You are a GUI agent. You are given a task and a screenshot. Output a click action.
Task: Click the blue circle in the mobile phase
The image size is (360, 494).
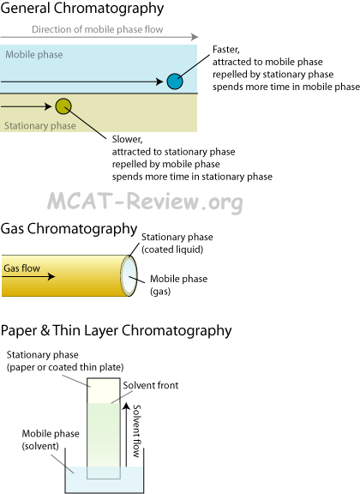click(x=175, y=81)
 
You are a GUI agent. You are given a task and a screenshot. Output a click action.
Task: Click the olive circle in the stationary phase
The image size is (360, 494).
click(x=63, y=106)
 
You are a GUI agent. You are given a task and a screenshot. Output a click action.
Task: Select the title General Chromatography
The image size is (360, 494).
click(x=82, y=9)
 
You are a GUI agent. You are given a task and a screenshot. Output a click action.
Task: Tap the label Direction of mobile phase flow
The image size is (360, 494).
click(x=98, y=29)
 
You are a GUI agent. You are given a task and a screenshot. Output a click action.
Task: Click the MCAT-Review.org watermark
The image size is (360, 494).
click(x=145, y=202)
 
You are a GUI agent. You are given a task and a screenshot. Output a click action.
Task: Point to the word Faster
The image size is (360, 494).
click(x=225, y=50)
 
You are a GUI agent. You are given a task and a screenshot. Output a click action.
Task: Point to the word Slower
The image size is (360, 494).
click(x=127, y=139)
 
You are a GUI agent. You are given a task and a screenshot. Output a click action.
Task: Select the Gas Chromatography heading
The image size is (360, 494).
click(x=69, y=229)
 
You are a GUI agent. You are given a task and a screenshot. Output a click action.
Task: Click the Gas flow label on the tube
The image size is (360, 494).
click(x=21, y=268)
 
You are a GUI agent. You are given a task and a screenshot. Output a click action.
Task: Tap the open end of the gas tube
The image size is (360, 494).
click(x=129, y=275)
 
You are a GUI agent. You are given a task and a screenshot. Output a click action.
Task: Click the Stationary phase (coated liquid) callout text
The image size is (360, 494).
click(x=177, y=244)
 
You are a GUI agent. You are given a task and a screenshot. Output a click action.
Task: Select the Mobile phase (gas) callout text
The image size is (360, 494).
click(x=178, y=285)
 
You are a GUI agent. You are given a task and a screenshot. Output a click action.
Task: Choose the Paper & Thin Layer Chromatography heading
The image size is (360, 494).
click(x=116, y=331)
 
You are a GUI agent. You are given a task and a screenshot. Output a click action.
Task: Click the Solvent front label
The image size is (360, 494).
click(x=151, y=385)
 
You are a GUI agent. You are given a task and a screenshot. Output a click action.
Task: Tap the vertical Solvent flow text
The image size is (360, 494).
click(x=136, y=431)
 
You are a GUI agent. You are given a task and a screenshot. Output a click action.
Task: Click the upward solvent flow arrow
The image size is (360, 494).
click(x=126, y=434)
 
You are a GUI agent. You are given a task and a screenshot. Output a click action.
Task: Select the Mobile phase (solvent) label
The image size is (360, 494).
click(x=51, y=440)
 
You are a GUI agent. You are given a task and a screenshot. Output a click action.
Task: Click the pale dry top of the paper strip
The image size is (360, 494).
click(x=104, y=391)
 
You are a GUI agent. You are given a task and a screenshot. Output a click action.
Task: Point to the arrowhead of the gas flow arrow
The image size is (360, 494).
click(x=51, y=277)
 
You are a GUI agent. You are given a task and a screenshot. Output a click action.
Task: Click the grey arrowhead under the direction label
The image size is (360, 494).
click(x=195, y=37)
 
